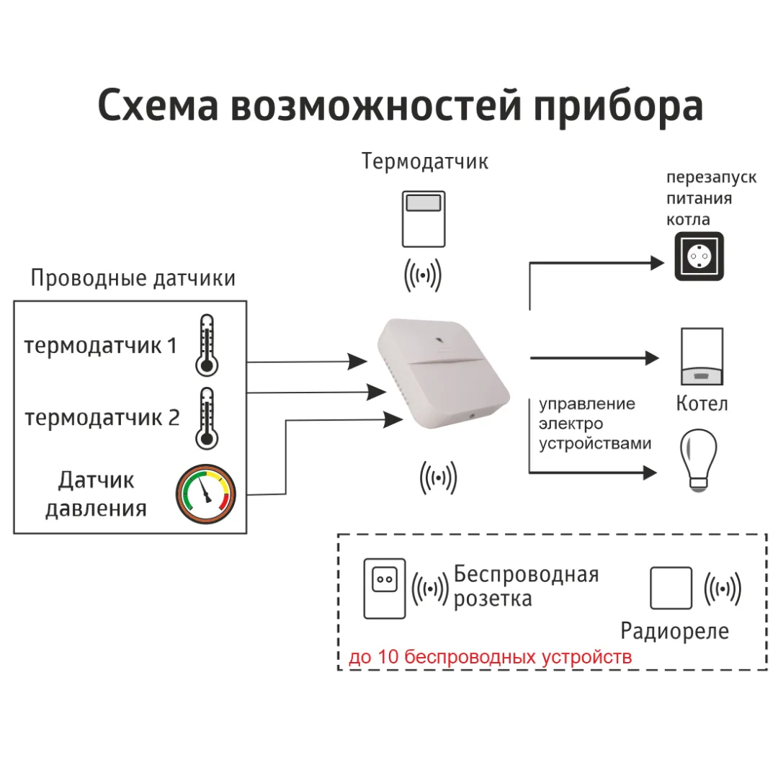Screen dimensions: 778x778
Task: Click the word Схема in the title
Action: [158, 106]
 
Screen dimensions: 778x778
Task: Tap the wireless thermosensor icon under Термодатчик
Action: [424, 219]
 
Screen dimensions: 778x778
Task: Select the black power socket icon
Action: [699, 256]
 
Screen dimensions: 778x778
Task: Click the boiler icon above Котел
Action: [702, 357]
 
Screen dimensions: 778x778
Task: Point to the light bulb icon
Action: [698, 460]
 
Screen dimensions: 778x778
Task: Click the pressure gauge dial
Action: [206, 493]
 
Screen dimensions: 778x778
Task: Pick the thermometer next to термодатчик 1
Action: [207, 345]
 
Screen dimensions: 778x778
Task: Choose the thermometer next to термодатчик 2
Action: [207, 419]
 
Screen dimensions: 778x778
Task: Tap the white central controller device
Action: [444, 373]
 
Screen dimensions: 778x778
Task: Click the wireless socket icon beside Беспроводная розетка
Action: [385, 589]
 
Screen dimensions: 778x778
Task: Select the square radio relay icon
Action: [671, 588]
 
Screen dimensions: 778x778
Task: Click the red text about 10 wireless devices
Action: [491, 656]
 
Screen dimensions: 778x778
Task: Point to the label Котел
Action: [702, 403]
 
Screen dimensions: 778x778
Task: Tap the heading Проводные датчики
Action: [133, 278]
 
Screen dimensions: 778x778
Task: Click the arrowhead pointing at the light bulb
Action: [650, 473]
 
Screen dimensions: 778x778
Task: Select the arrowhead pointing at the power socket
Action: [657, 263]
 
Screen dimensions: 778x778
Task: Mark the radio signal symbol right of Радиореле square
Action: [723, 589]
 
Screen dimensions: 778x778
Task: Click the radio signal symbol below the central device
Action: [438, 478]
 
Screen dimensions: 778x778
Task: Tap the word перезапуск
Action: [711, 177]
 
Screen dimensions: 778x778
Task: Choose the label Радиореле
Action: [675, 630]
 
